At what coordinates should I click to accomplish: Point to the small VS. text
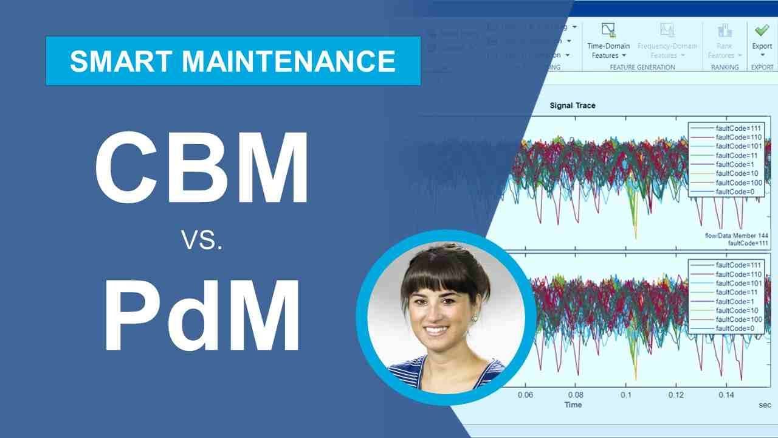click(x=202, y=242)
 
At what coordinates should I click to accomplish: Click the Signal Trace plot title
click(x=573, y=105)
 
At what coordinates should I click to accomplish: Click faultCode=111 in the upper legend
click(x=738, y=128)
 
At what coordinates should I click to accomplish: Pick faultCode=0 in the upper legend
click(x=735, y=192)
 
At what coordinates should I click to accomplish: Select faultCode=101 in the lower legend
click(x=738, y=283)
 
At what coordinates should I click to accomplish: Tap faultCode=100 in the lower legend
click(x=738, y=319)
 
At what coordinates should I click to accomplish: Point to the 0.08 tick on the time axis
click(x=575, y=395)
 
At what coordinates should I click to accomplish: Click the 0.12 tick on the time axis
click(x=676, y=395)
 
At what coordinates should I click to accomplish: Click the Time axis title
click(x=573, y=405)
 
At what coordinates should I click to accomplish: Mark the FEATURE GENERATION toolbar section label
click(x=642, y=68)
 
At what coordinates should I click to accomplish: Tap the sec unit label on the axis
click(x=765, y=405)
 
